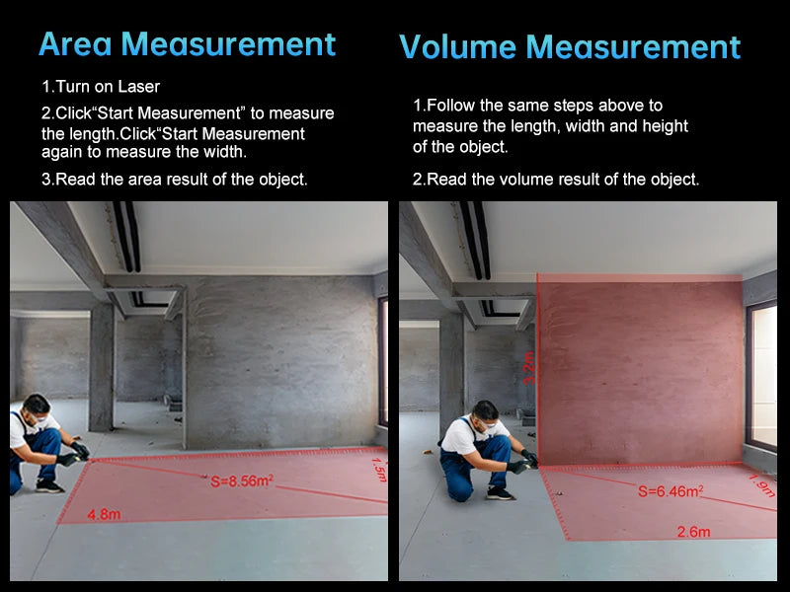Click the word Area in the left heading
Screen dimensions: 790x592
[75, 43]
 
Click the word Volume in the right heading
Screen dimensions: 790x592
[457, 46]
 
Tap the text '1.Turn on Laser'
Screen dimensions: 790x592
[101, 87]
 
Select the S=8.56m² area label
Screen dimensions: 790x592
[242, 481]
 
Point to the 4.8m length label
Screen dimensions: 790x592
[104, 514]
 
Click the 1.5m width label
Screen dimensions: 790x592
[379, 470]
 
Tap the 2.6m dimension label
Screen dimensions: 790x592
[694, 532]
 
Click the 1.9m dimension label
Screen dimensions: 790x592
[761, 485]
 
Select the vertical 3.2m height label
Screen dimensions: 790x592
[529, 368]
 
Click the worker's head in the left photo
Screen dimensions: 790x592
[37, 407]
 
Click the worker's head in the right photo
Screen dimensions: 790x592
[485, 414]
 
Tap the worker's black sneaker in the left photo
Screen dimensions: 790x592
[49, 485]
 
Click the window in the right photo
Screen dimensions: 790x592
[761, 376]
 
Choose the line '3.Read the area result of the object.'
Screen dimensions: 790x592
[175, 180]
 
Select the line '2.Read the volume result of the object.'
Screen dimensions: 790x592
[556, 180]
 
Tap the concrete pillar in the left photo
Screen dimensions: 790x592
[102, 367]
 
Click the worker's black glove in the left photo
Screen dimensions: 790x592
[81, 449]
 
